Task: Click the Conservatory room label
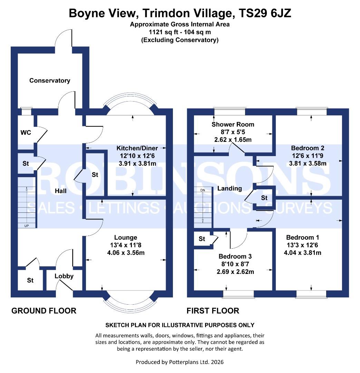click(x=50, y=80)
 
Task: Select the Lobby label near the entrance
click(x=64, y=276)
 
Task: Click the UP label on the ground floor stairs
click(x=27, y=226)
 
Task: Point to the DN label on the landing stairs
click(x=202, y=190)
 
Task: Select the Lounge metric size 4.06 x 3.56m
click(x=126, y=252)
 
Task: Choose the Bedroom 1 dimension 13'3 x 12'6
click(x=302, y=245)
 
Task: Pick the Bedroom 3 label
click(x=235, y=256)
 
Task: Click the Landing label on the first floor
click(x=230, y=188)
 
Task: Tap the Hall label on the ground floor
click(x=61, y=191)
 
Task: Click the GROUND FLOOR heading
click(x=44, y=310)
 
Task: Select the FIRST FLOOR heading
click(x=213, y=310)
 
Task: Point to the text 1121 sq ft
click(x=164, y=32)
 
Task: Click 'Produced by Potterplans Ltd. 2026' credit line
click(x=180, y=362)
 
